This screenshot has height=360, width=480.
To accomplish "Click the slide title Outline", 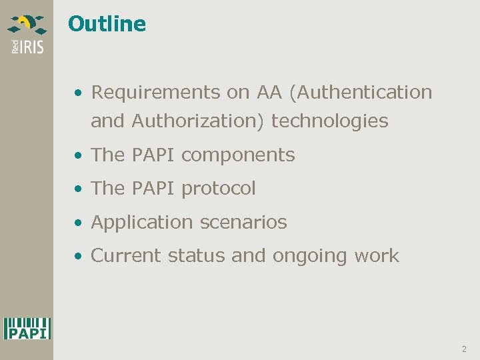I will [107, 24].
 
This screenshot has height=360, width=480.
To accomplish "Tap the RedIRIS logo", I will [27, 34].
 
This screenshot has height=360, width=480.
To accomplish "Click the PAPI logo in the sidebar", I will [27, 328].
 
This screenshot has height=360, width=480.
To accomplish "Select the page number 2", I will [464, 349].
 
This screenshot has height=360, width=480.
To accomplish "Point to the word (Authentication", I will [361, 92].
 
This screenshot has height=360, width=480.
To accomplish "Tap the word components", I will [238, 155].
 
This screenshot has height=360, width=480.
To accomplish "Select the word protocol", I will [219, 189].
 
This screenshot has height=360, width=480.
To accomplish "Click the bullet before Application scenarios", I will [79, 223].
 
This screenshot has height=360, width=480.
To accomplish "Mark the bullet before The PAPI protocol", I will [79, 189].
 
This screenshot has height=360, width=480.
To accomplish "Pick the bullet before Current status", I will [79, 256].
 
